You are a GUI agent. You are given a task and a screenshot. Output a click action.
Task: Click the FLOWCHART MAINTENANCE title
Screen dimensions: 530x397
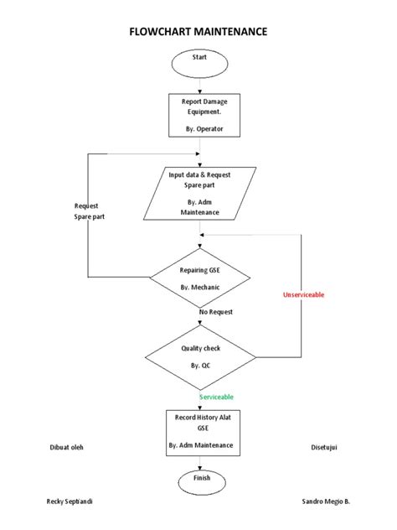pos(198,32)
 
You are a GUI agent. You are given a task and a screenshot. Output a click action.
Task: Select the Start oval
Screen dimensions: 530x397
pos(198,60)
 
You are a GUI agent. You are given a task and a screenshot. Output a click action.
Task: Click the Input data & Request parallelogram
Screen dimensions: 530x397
pos(198,193)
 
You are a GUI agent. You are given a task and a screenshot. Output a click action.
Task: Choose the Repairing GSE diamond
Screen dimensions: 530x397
pos(198,278)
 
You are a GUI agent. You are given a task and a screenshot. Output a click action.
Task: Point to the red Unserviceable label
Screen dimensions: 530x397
pos(304,295)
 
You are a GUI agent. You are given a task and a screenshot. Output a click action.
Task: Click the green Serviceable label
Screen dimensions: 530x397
pos(215,397)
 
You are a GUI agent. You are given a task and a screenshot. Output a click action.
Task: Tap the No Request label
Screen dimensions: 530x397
pos(215,312)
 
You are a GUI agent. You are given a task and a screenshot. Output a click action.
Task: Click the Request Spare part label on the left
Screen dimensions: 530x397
pos(90,211)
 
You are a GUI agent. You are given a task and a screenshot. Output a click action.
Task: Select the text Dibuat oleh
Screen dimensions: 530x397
pos(66,447)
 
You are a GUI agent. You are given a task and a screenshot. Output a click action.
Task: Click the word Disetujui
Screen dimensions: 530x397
pos(323,447)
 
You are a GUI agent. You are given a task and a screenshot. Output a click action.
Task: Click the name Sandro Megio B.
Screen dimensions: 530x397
pos(325,501)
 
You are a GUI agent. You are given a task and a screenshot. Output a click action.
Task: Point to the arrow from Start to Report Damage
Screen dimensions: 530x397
pos(198,83)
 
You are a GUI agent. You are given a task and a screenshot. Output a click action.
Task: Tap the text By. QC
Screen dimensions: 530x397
pos(199,366)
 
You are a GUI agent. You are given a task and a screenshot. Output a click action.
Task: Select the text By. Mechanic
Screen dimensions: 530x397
pos(199,288)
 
